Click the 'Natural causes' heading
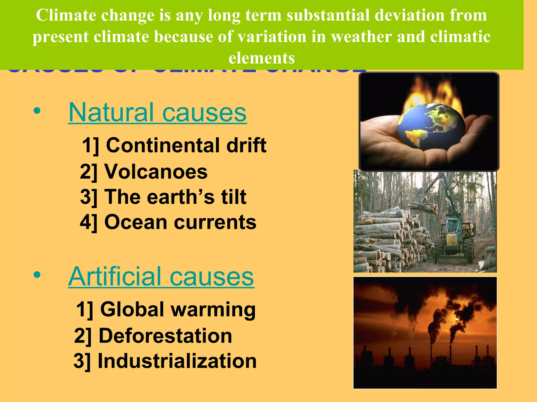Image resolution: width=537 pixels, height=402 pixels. (157, 113)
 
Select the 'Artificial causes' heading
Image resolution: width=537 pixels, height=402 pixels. (161, 277)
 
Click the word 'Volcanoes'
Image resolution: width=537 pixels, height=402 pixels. (156, 172)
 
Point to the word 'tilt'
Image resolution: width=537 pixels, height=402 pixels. (234, 197)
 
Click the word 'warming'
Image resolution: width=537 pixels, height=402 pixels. (213, 309)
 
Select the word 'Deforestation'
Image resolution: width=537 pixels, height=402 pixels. (165, 336)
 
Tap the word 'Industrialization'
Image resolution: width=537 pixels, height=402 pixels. (177, 361)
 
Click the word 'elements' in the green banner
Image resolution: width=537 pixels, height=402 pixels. (262, 58)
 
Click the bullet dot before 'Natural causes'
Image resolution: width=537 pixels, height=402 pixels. (37, 111)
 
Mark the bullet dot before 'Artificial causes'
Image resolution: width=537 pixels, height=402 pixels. (37, 275)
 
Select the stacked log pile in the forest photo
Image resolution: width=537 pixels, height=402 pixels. (388, 236)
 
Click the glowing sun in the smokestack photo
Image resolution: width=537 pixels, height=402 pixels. (457, 318)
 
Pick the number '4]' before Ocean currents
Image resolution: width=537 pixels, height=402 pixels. (89, 222)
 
